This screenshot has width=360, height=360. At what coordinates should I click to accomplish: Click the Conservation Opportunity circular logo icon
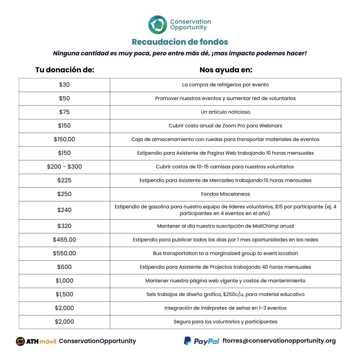[x=158, y=25]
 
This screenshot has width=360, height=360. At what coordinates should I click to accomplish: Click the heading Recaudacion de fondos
[x=180, y=42]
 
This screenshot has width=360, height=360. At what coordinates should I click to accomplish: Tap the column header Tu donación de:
[x=65, y=70]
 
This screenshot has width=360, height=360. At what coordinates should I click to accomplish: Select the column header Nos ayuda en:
[x=226, y=70]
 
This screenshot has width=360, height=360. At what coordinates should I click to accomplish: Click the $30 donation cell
[x=64, y=85]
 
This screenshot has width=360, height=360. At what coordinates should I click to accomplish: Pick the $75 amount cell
[x=64, y=112]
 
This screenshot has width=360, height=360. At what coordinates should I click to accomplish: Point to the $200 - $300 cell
[x=64, y=167]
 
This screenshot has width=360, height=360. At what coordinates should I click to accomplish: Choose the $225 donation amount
[x=64, y=180]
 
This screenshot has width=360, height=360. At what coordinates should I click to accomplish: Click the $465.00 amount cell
[x=64, y=240]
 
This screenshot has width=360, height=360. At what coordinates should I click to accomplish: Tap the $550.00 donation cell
[x=64, y=253]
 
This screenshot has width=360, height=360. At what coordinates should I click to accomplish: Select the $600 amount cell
[x=64, y=267]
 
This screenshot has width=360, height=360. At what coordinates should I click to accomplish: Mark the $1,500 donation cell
[x=64, y=294]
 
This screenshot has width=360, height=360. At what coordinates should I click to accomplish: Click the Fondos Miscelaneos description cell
[x=225, y=194]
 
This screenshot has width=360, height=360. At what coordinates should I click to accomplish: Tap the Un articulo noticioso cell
[x=225, y=112]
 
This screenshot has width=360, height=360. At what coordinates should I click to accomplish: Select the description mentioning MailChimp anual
[x=225, y=226]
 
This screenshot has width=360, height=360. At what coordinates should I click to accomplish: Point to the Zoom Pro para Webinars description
[x=225, y=126]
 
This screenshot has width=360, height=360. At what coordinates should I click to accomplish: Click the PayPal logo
[x=202, y=341]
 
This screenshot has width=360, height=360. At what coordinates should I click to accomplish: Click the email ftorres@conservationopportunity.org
[x=279, y=341]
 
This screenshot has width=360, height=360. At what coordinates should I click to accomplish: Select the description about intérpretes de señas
[x=225, y=308]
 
